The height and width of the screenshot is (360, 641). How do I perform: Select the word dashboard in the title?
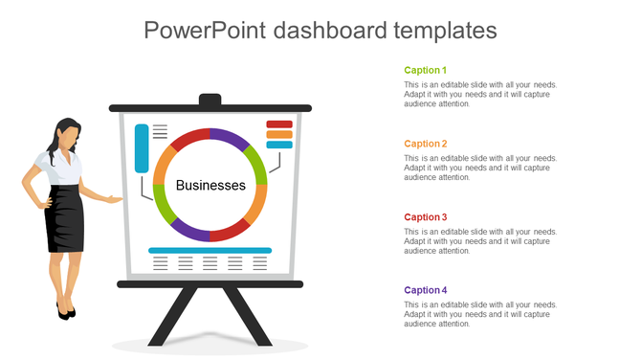pos(331,30)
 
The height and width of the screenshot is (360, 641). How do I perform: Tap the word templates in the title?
pos(445,30)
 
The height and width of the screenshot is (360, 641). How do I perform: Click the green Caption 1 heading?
pos(425,70)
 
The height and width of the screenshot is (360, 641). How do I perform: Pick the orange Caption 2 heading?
pos(425,144)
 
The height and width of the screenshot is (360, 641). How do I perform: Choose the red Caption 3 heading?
pos(425,217)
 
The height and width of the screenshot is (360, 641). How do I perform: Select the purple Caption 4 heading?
pos(425,290)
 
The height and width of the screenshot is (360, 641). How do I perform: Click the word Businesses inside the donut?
pos(210,185)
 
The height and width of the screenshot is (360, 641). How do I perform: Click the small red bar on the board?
pos(279,124)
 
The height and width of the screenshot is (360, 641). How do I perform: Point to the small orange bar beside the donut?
pos(279,135)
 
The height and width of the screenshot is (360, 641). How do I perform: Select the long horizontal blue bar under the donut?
pos(210,250)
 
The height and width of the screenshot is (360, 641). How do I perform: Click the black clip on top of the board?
pos(210,100)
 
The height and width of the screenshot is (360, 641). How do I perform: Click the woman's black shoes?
pos(65,311)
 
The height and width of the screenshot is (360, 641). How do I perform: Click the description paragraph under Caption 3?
pos(479,241)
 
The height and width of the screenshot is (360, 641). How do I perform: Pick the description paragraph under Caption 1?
pos(479,94)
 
